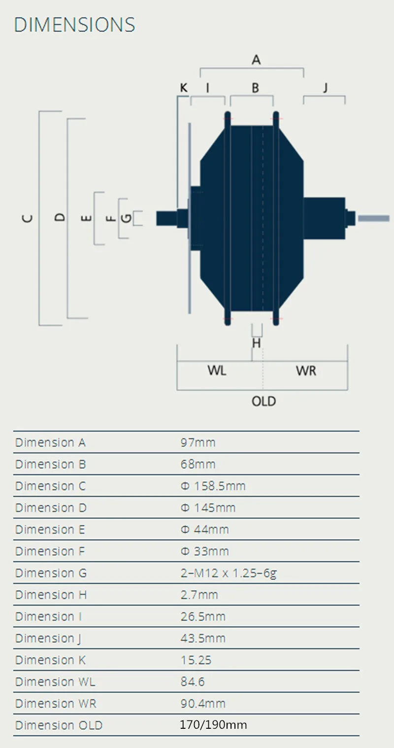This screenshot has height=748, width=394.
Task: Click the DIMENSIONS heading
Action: click(x=74, y=25)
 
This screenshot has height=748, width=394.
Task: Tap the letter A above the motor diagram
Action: click(x=256, y=60)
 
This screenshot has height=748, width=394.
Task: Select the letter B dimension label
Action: click(x=255, y=88)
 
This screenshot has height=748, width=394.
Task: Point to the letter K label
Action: click(x=184, y=88)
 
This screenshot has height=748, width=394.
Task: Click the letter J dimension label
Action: click(x=325, y=88)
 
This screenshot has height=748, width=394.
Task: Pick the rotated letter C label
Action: click(x=28, y=218)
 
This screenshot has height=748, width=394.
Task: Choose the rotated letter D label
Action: click(x=60, y=217)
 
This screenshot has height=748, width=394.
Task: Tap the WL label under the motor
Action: click(x=217, y=371)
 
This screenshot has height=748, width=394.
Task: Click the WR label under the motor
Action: click(x=306, y=371)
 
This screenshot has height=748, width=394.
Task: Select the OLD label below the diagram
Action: click(x=264, y=401)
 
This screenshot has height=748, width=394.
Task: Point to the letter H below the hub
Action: click(x=256, y=343)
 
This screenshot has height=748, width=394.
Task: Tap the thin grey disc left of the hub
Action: click(x=189, y=218)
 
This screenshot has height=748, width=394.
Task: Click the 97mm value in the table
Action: click(x=198, y=442)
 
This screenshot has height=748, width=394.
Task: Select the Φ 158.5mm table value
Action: click(x=213, y=486)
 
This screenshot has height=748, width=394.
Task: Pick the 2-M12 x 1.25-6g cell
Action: click(x=229, y=573)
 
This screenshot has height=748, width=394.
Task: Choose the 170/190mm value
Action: click(x=214, y=725)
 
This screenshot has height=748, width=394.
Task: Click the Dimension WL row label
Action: click(x=55, y=681)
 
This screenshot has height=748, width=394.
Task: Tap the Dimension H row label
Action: click(x=51, y=595)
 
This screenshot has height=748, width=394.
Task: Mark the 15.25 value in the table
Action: click(x=196, y=660)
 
